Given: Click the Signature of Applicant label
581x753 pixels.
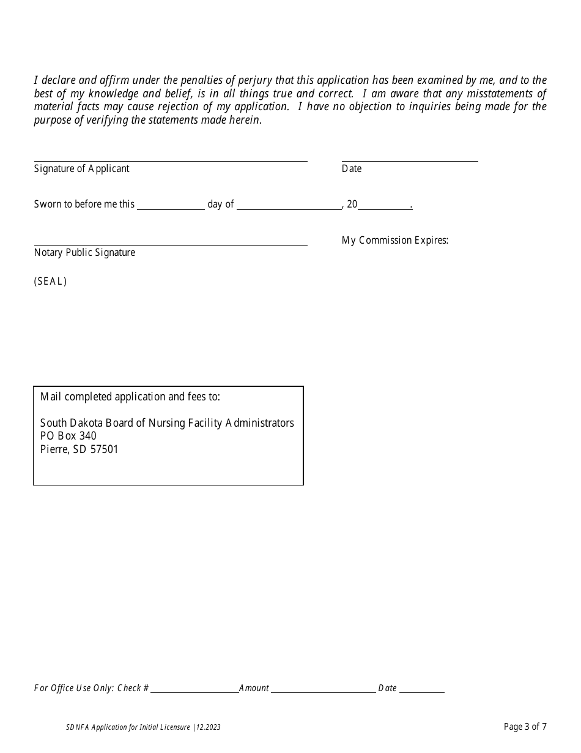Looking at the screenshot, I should pyautogui.click(x=81, y=169).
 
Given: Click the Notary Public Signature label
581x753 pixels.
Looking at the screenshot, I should pyautogui.click(x=84, y=253).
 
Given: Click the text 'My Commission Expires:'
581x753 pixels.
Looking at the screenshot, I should pyautogui.click(x=395, y=241).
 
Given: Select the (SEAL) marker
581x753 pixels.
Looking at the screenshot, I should pyautogui.click(x=50, y=282).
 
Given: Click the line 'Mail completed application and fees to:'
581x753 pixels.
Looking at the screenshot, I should pyautogui.click(x=130, y=397).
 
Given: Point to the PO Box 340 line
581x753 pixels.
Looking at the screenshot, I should pyautogui.click(x=68, y=436).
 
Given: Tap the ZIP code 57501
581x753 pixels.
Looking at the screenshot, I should pyautogui.click(x=104, y=449).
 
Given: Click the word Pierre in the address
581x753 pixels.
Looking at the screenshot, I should pyautogui.click(x=54, y=449).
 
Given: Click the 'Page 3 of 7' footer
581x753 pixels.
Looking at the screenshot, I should pyautogui.click(x=525, y=727).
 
